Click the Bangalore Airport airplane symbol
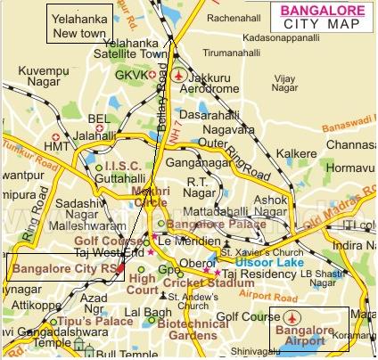(x=290, y=318)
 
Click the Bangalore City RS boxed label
(x=63, y=266)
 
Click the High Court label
(x=142, y=284)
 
